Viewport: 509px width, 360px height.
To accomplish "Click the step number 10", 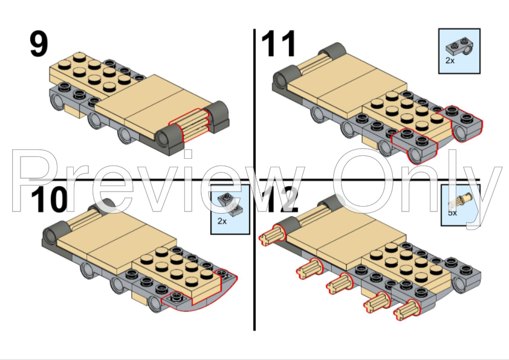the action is coord(50,199).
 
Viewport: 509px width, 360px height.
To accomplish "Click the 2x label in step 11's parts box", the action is coord(450,60).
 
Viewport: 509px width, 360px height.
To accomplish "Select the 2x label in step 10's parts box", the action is coord(222,221).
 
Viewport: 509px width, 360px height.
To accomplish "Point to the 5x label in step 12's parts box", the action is coord(452,213).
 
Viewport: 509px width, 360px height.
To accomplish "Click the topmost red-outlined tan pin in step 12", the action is coord(273,235).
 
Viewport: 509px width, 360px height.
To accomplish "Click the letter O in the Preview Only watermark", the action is coord(365,181).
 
